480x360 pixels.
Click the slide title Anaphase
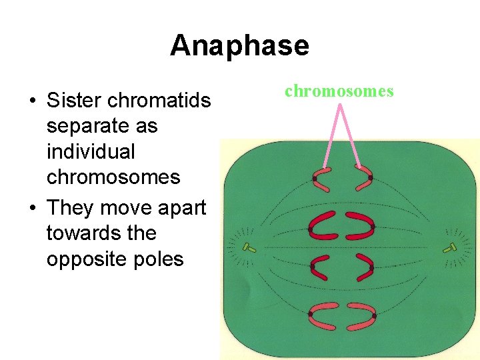[x=239, y=46]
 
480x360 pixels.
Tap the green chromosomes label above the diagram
[x=339, y=91]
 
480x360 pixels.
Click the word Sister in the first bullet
[x=73, y=101]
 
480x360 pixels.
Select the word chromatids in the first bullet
[x=158, y=101]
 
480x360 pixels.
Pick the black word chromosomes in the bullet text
[x=113, y=177]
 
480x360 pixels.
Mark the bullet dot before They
[x=32, y=209]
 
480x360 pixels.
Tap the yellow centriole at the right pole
[x=451, y=248]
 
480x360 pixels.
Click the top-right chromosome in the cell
[x=363, y=178]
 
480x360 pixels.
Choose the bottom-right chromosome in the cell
[x=364, y=315]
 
